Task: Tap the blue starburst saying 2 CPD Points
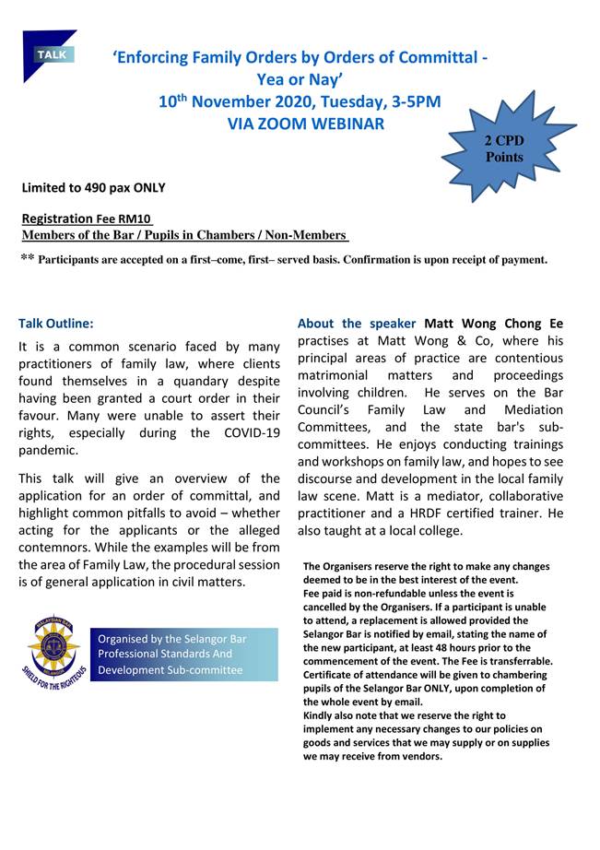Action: coord(504,148)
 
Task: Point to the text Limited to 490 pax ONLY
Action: coord(94,188)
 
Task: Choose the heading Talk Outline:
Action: coord(56,324)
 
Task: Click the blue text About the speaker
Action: coord(357,324)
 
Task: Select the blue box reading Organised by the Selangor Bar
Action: coord(184,654)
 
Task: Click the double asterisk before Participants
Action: coord(27,259)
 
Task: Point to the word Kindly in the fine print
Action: coord(321,715)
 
